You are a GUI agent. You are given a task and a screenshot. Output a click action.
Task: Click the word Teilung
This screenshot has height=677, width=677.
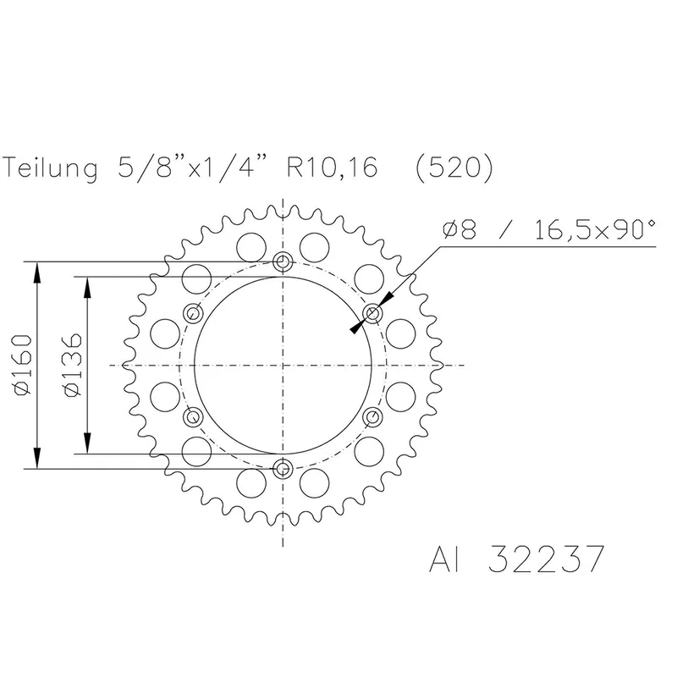coord(52,168)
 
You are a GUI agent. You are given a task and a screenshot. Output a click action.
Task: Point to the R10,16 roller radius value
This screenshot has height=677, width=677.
coord(332,168)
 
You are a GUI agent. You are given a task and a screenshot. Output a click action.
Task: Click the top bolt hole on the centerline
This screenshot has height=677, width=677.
coord(283,260)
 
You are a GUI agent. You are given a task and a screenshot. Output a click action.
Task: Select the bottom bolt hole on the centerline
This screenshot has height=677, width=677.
coord(283,467)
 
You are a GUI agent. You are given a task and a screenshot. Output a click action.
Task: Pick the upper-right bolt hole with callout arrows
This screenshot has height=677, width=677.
coord(373,313)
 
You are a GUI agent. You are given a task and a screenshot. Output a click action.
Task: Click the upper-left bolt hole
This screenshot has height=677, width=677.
coord(194,313)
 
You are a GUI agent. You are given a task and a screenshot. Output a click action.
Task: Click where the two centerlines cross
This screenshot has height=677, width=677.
coord(283,365)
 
